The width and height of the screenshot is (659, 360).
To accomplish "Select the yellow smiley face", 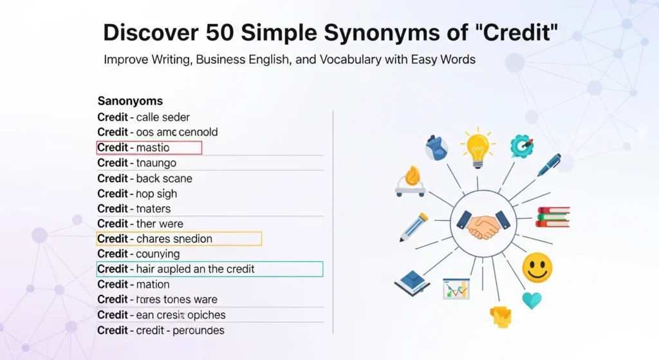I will pyautogui.click(x=537, y=267).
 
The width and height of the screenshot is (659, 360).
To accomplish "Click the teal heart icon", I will pyautogui.click(x=532, y=300).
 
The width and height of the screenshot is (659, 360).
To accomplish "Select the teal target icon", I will pyautogui.click(x=521, y=146).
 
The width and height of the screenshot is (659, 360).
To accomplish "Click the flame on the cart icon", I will pyautogui.click(x=411, y=175).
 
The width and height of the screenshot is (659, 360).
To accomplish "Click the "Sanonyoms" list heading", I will pyautogui.click(x=130, y=101).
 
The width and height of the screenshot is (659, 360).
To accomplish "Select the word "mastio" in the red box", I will pyautogui.click(x=153, y=148).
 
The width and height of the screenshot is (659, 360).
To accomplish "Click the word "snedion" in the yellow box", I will pyautogui.click(x=192, y=239).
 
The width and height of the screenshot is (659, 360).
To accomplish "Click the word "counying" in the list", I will pyautogui.click(x=158, y=254).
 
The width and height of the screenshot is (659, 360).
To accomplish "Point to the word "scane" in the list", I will pyautogui.click(x=178, y=178).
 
